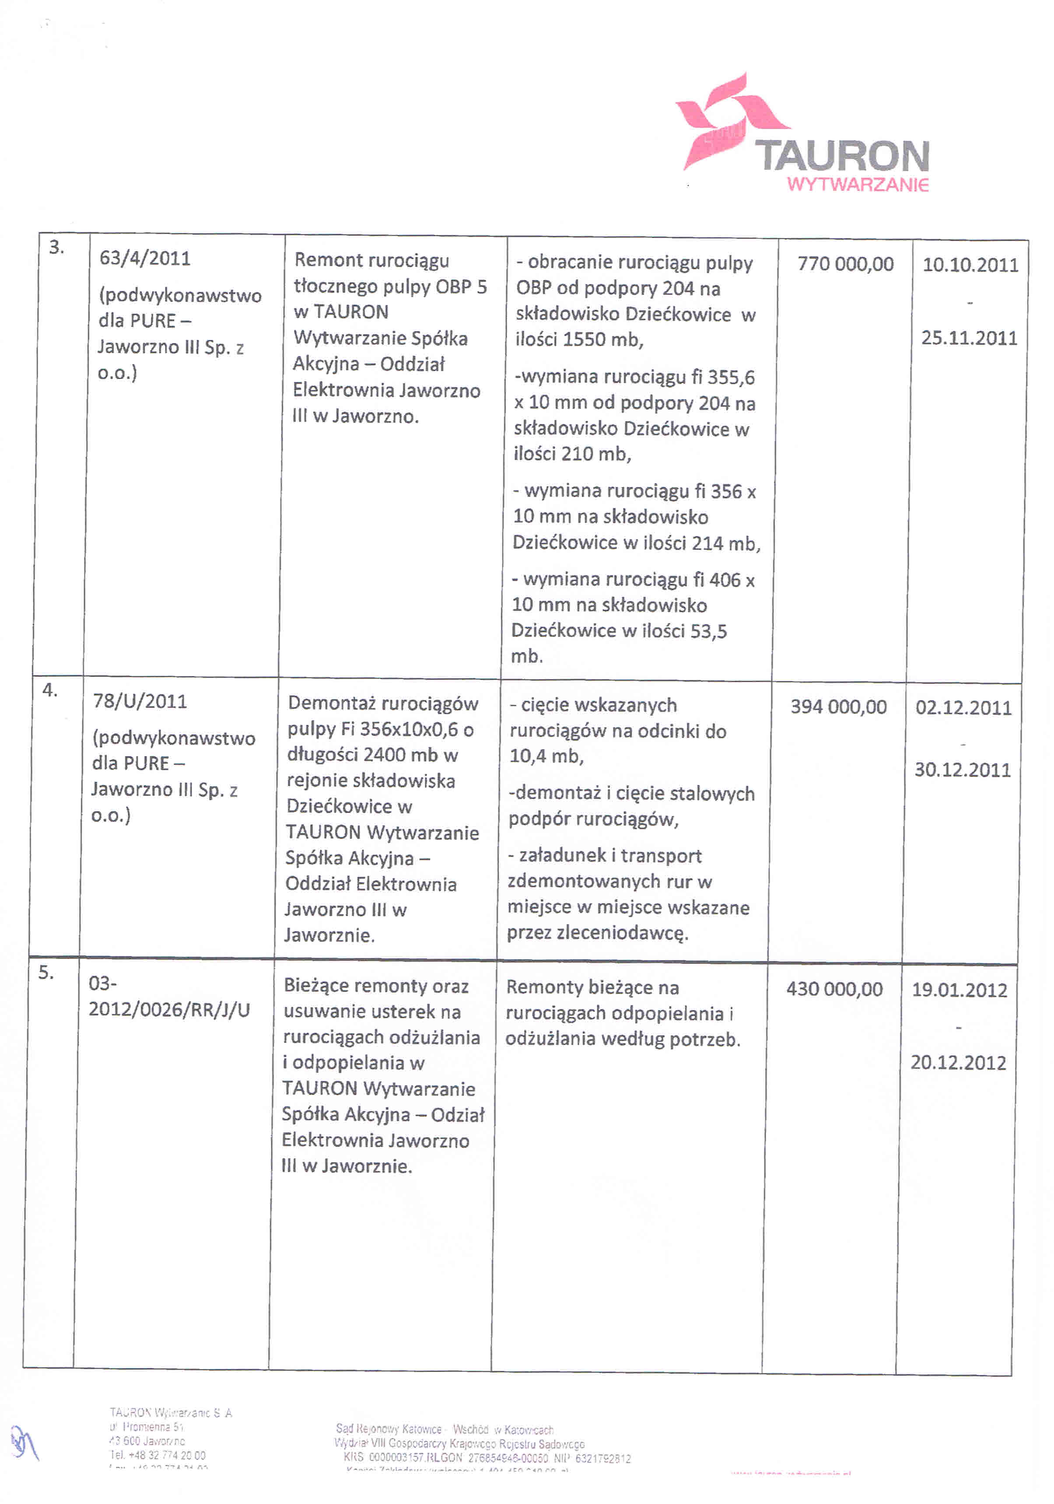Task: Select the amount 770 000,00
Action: (x=845, y=264)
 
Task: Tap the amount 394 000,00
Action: (x=838, y=707)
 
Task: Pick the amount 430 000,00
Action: (x=834, y=989)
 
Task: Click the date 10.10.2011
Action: (x=970, y=265)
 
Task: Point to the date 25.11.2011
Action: (x=969, y=338)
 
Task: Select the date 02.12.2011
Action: (x=963, y=708)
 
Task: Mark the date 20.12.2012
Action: (x=958, y=1062)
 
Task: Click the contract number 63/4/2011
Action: (x=145, y=258)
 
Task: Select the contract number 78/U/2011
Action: (x=140, y=701)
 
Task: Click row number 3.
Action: (x=56, y=248)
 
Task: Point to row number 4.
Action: (x=50, y=690)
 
